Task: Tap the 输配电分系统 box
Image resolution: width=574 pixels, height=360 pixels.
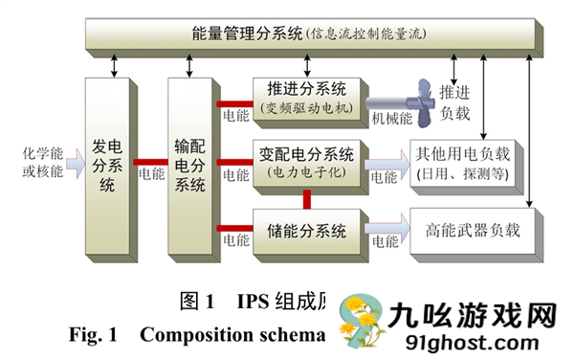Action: click(x=190, y=163)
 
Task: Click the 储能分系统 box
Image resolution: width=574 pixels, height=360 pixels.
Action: click(x=306, y=230)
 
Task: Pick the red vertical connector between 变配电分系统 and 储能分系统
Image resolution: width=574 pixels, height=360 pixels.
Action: click(x=307, y=198)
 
